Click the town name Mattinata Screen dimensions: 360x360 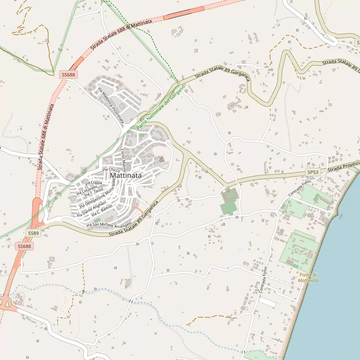click(126, 176)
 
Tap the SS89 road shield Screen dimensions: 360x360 click(33, 233)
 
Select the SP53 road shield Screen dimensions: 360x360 click(313, 172)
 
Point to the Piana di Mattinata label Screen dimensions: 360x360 click(308, 277)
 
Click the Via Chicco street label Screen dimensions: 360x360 click(111, 169)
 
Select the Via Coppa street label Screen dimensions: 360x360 click(93, 183)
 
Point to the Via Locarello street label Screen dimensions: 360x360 click(86, 189)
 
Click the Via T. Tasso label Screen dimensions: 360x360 click(93, 192)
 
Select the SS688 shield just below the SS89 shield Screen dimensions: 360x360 click(24, 246)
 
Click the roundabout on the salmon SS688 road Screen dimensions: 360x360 click(7, 302)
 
